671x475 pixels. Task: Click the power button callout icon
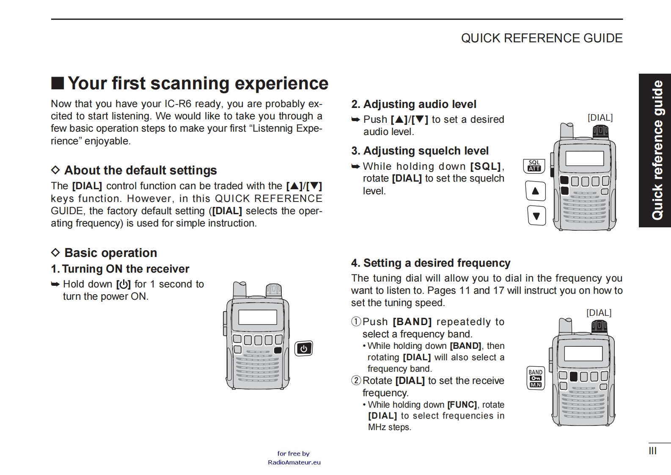(x=303, y=348)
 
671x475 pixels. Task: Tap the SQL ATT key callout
(x=534, y=166)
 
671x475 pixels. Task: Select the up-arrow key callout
(x=535, y=191)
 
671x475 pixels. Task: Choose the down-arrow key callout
(x=536, y=216)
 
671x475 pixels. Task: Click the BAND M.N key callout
(x=535, y=378)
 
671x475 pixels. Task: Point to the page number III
(x=652, y=451)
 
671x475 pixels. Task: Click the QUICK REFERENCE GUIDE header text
(x=542, y=38)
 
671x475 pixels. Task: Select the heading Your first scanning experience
(x=198, y=83)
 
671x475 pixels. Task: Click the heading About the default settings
(x=140, y=170)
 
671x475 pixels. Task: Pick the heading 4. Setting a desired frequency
(x=431, y=263)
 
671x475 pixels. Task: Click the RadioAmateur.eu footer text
(x=294, y=462)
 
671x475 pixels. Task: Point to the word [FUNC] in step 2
(x=462, y=405)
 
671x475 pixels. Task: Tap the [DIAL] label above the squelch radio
(x=600, y=118)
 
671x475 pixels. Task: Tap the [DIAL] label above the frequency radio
(x=599, y=313)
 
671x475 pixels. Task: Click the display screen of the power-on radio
(x=257, y=317)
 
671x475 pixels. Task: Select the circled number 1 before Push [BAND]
(x=356, y=322)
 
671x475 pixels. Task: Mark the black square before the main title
(x=58, y=83)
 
